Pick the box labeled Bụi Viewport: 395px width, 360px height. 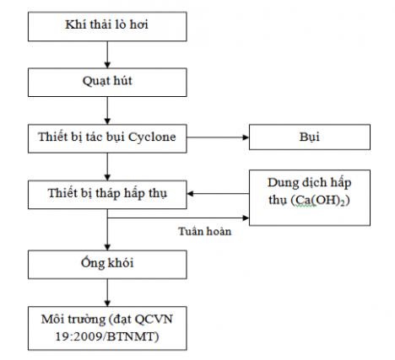point(307,137)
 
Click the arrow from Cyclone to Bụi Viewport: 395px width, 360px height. point(217,137)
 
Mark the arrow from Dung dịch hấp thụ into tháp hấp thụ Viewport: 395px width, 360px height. point(219,193)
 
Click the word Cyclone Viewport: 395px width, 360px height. point(155,137)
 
